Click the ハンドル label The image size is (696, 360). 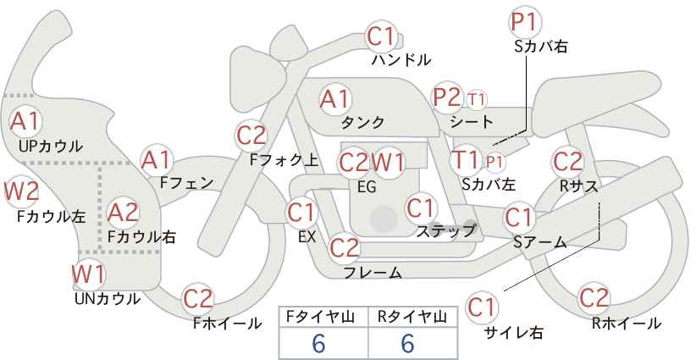pos(400,59)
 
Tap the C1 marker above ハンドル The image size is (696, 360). pos(381,36)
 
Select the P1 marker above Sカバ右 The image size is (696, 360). pos(525,22)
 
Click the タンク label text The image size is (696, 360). pos(362,122)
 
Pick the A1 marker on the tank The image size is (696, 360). pos(334,99)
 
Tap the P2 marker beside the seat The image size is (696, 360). pos(447,97)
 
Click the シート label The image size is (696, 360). pos(471,121)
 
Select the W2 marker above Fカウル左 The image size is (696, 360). pos(21,191)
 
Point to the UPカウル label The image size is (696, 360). pos(50,146)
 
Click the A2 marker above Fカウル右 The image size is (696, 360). pos(123,213)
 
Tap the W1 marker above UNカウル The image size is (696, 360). pos(89,274)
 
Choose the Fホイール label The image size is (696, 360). pos(227,324)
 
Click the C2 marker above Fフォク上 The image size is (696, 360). pos(251,136)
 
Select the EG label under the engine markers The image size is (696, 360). pos(367,187)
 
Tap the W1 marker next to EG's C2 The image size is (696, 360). pos(388,163)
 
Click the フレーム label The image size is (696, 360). pos(373,272)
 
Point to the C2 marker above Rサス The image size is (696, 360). pos(567,161)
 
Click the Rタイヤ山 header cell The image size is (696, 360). pos(412,317)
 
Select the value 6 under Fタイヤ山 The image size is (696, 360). pos(318,343)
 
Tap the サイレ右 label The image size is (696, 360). pos(513,332)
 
